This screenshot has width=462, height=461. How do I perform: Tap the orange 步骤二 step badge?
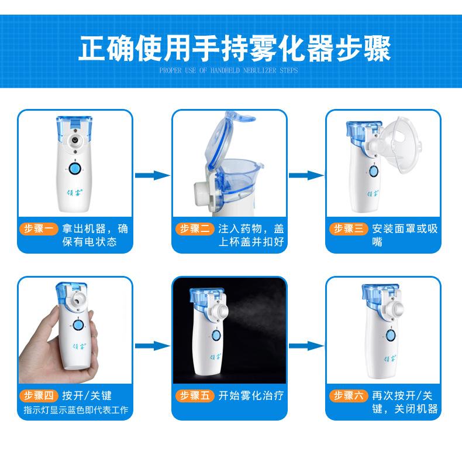click(195, 228)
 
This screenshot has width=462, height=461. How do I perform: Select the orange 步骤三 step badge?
click(349, 228)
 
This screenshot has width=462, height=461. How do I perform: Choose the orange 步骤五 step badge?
click(195, 395)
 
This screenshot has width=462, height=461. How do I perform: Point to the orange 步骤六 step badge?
click(349, 395)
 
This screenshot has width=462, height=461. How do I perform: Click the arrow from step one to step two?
click(152, 175)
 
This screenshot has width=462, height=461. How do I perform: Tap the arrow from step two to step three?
click(306, 175)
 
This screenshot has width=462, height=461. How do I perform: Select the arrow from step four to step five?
click(152, 346)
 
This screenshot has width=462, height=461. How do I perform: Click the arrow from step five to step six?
click(306, 346)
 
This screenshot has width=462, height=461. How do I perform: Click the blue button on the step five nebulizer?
click(216, 336)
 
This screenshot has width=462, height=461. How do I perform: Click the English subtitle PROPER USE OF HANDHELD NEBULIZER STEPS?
click(229, 70)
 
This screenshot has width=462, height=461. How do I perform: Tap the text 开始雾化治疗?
click(251, 395)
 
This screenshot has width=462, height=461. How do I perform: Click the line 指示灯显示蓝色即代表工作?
click(76, 409)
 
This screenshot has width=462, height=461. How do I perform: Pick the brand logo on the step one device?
click(74, 193)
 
